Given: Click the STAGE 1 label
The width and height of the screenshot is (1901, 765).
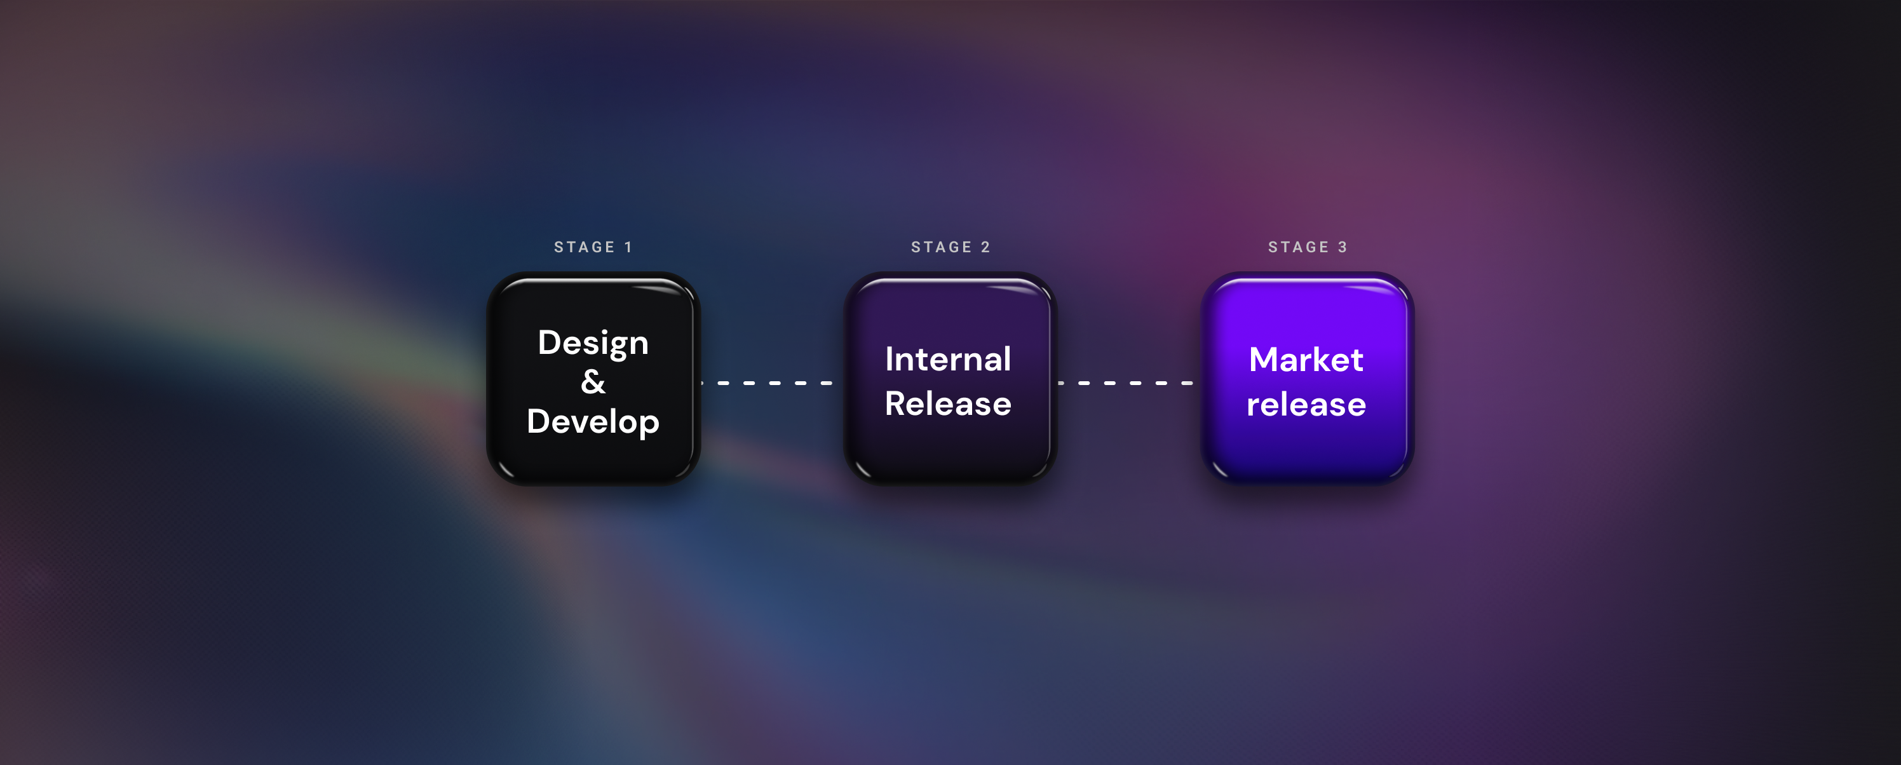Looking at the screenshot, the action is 593,247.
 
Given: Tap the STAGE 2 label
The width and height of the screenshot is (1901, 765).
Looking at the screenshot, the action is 950,247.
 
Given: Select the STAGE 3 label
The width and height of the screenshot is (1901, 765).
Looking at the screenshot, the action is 1308,247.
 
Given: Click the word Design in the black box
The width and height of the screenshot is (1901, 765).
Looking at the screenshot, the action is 593,344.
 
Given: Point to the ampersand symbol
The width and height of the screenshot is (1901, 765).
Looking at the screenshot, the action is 593,381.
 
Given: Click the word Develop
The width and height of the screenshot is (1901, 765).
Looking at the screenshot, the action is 593,422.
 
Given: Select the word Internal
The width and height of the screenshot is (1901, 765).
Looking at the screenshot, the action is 949,359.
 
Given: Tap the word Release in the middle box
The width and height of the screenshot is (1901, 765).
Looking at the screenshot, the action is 949,403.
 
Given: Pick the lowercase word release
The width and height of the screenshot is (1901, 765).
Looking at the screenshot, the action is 1306,404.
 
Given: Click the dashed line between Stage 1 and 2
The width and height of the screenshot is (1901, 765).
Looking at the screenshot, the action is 768,383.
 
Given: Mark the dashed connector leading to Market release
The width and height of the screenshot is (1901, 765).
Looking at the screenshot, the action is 1126,383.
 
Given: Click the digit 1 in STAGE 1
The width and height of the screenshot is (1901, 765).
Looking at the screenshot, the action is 629,247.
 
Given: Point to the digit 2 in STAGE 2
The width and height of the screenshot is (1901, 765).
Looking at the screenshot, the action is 986,247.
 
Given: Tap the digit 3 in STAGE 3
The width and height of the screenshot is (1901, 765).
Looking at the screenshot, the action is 1343,247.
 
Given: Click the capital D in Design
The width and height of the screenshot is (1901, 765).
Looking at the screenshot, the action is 550,342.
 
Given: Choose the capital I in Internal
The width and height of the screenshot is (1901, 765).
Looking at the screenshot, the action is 890,359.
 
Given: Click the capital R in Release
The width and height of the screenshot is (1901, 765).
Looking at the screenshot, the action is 896,403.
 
